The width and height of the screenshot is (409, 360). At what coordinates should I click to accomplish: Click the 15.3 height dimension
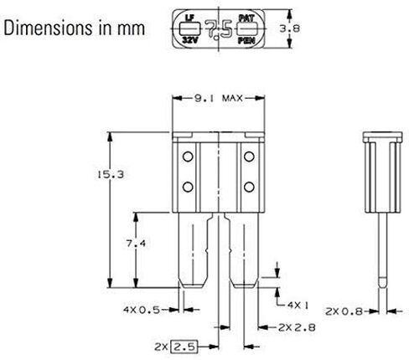(x=111, y=175)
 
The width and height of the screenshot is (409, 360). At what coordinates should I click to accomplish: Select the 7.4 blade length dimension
(x=136, y=244)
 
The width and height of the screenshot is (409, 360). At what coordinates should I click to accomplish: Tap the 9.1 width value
(x=204, y=98)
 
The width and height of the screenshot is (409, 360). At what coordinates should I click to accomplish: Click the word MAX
(x=232, y=98)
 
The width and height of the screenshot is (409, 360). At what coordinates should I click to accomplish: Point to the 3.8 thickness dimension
(x=290, y=28)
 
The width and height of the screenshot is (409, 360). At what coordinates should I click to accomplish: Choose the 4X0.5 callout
(x=142, y=310)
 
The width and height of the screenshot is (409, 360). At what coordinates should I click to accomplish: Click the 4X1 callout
(x=298, y=306)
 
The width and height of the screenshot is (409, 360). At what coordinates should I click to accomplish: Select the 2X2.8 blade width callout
(x=297, y=327)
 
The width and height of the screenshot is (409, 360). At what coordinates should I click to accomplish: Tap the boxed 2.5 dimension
(x=184, y=347)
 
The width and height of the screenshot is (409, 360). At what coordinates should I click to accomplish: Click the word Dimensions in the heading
(x=48, y=28)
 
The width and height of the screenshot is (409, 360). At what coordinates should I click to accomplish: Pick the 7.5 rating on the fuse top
(x=219, y=28)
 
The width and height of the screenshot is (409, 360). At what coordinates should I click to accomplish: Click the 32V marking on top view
(x=190, y=40)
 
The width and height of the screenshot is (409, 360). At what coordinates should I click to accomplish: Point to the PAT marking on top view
(x=246, y=18)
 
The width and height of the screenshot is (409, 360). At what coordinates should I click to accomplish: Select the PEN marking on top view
(x=246, y=41)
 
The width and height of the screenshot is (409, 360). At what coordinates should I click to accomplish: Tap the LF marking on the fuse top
(x=189, y=18)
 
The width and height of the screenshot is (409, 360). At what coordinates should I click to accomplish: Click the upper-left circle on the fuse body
(x=188, y=157)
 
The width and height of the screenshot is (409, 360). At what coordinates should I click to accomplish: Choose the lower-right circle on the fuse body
(x=249, y=187)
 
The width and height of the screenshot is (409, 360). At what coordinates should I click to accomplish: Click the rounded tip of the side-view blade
(x=383, y=282)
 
